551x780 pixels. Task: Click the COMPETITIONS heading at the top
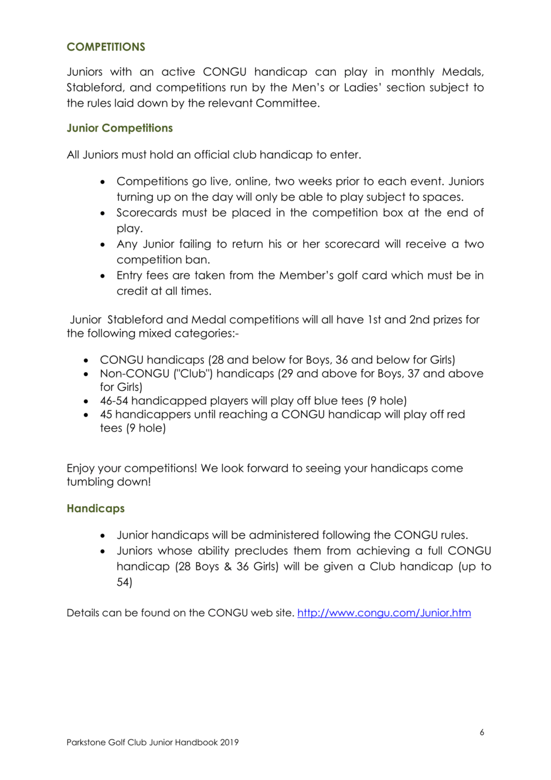(106, 47)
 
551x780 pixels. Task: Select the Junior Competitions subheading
(120, 128)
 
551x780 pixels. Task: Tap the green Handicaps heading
(96, 508)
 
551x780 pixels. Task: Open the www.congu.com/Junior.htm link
(384, 613)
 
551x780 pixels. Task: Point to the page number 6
(482, 732)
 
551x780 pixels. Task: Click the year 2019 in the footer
(229, 742)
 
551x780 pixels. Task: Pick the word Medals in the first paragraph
(462, 72)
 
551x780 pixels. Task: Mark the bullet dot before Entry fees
(103, 276)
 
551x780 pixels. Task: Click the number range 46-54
(114, 401)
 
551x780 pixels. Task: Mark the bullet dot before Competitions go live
(103, 182)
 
